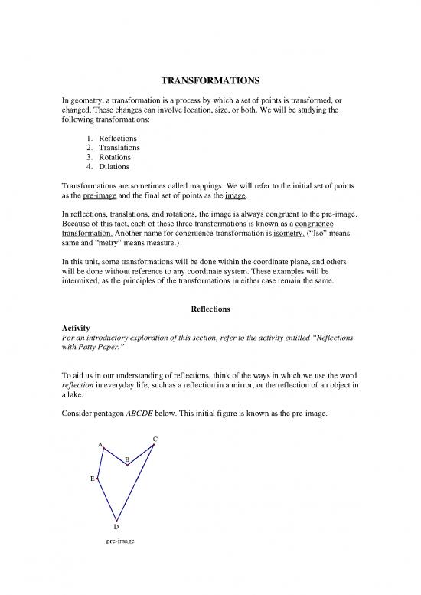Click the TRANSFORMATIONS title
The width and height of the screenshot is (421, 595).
point(210,80)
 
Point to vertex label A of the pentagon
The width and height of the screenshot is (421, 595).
point(100,444)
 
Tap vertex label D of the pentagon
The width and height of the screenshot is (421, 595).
point(116,527)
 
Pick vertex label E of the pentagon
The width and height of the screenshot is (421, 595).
point(92,479)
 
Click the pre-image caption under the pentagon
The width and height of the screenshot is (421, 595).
point(120,541)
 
